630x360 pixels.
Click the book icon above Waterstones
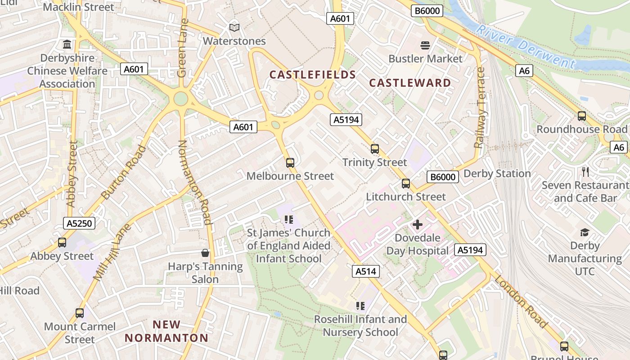coord(234,27)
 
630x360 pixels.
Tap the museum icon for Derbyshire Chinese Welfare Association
coord(67,44)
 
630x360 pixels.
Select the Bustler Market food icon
coord(425,45)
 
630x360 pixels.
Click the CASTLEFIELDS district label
coord(312,75)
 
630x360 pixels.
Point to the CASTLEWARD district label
coord(409,83)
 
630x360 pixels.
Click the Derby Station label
coord(497,174)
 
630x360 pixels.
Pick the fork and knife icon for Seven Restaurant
coord(585,171)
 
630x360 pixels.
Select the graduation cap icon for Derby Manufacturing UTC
coord(585,232)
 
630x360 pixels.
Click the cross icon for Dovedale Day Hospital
coord(418,224)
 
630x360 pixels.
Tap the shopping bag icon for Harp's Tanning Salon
coord(205,253)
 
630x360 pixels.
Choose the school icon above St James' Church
coord(288,220)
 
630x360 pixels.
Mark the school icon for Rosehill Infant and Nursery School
coord(360,306)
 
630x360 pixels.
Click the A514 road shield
coord(366,271)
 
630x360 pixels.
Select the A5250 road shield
coord(79,223)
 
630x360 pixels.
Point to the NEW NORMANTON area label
coord(166,331)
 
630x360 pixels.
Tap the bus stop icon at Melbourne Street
coord(290,162)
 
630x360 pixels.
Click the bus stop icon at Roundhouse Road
coord(582,116)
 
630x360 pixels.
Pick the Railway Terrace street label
coord(480,108)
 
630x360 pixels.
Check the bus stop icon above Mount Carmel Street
coord(80,313)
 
